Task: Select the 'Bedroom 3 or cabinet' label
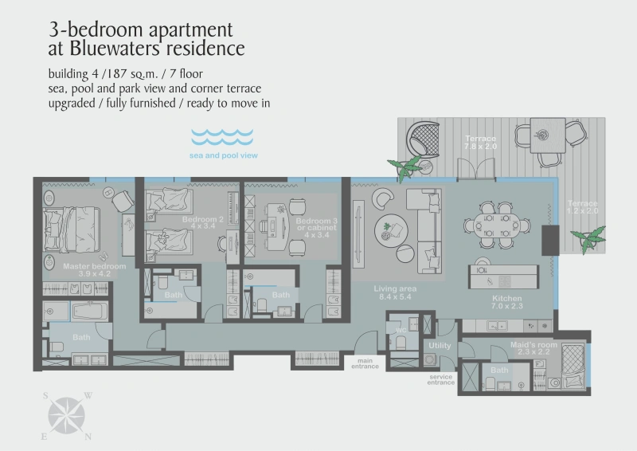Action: tap(312, 227)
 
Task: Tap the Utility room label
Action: tap(440, 346)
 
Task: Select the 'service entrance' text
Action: tap(441, 379)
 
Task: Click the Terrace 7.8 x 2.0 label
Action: tap(480, 143)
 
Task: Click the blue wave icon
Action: tap(222, 135)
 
